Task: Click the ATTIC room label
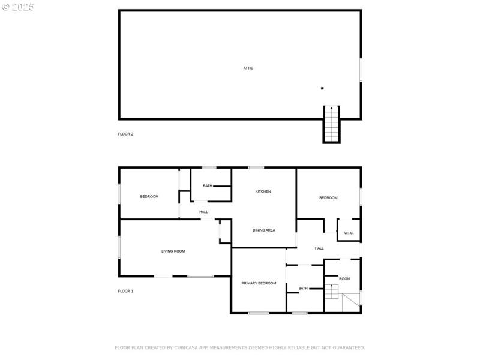point(248,68)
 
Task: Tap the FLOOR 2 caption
point(125,134)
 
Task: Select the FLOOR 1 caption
point(125,291)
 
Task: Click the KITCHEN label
point(263,191)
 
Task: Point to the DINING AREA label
point(263,230)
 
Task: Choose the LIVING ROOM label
point(173,251)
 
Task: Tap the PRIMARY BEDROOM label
point(259,283)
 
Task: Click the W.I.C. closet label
point(349,233)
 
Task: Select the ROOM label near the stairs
point(344,278)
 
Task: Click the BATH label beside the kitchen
point(207,186)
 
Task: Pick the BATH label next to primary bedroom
point(303,288)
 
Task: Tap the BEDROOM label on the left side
point(149,196)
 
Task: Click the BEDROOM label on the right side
point(328,198)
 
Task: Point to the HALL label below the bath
point(203,212)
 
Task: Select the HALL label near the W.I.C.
point(319,248)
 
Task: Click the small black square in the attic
point(322,88)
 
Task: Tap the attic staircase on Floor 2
point(331,124)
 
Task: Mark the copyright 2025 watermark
point(18,7)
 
